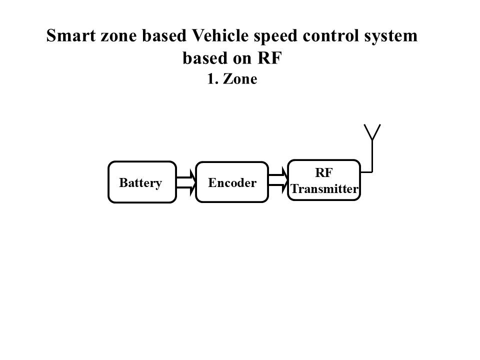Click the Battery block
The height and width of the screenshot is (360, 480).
pos(142,182)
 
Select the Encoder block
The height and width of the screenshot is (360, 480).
pos(231,182)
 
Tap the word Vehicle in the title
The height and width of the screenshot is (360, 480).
pos(215,36)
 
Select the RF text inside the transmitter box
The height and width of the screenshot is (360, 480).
pos(324,172)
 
